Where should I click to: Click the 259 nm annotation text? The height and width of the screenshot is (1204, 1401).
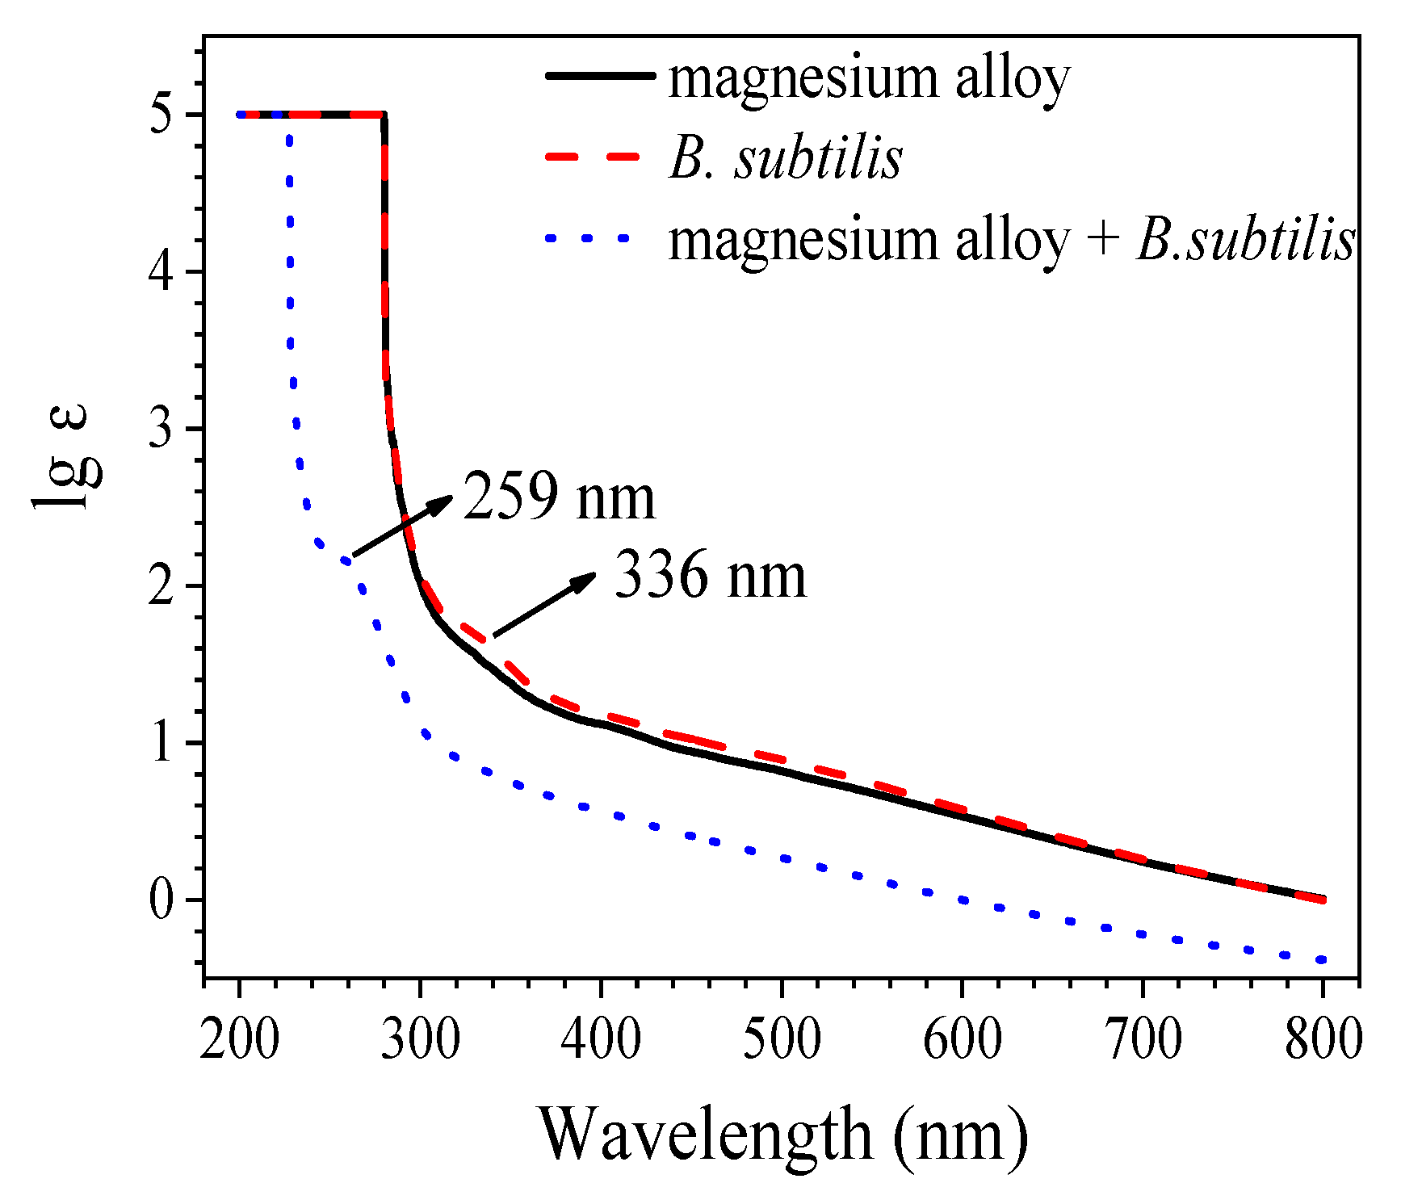[559, 497]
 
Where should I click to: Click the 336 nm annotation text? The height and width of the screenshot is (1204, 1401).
[711, 576]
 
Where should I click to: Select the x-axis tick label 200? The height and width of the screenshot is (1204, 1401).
[239, 1038]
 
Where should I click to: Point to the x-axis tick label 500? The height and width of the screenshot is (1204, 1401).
[782, 1038]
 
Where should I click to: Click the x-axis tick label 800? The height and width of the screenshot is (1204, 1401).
[1323, 1038]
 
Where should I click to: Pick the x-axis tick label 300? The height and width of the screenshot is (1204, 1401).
[420, 1038]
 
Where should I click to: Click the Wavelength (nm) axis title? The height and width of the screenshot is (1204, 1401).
[783, 1135]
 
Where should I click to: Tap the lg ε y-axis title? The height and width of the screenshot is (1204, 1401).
[69, 458]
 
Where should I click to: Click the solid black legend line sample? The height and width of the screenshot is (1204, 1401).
[599, 76]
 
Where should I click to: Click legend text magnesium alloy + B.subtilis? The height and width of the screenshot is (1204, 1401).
[1010, 240]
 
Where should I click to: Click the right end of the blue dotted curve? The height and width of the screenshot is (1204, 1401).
[1322, 959]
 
